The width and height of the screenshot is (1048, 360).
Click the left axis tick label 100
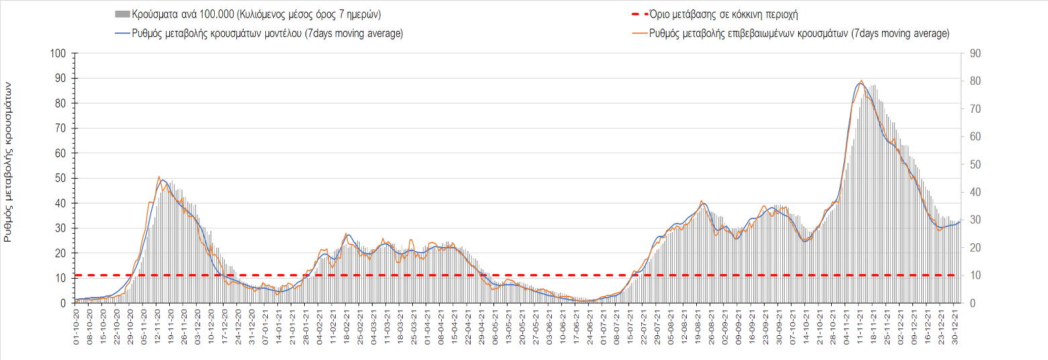(58, 54)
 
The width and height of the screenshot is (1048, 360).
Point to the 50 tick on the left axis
(60, 179)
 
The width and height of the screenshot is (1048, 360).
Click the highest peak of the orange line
(861, 81)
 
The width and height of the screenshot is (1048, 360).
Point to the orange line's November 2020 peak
(159, 177)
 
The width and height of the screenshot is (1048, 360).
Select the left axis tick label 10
(60, 278)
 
